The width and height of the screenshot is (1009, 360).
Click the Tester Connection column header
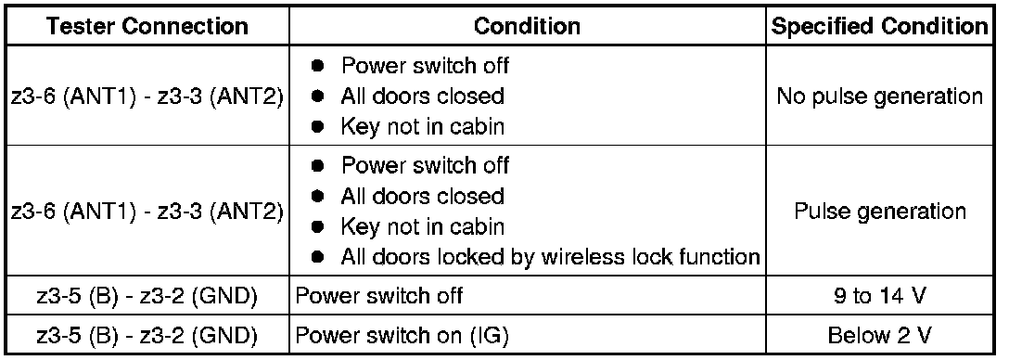click(x=148, y=26)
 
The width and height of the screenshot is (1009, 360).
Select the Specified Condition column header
click(x=880, y=26)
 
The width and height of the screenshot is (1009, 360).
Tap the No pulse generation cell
click(x=880, y=96)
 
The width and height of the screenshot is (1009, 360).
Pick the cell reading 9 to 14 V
click(x=880, y=297)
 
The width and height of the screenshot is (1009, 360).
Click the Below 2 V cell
click(x=880, y=336)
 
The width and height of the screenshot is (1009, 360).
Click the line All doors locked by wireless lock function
click(x=550, y=257)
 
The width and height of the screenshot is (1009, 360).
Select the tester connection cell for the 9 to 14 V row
click(x=148, y=297)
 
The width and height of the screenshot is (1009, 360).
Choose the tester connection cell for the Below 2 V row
click(x=148, y=336)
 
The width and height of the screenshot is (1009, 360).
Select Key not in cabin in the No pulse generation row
click(x=422, y=127)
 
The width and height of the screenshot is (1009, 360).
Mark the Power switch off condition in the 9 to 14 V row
click(x=379, y=297)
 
